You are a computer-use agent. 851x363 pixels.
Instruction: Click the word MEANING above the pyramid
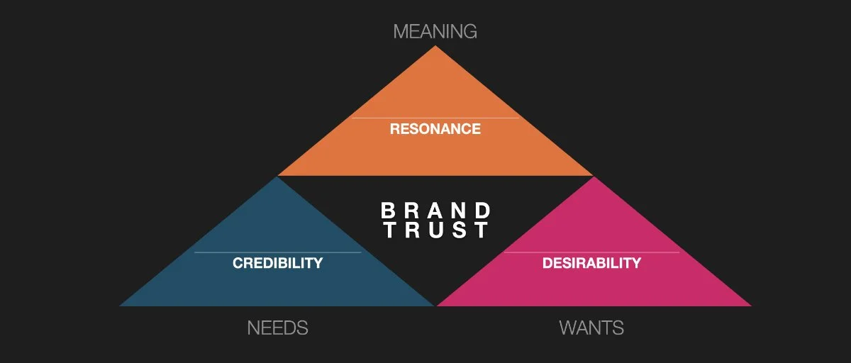[435, 31]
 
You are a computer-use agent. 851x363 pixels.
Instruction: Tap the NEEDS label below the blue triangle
[277, 328]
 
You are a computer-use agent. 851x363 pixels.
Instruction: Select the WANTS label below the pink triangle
[591, 328]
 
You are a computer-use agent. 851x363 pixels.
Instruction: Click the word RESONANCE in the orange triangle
[435, 129]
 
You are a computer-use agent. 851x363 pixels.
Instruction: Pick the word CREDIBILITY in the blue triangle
[277, 263]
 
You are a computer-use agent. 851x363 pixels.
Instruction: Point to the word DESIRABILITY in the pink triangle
[591, 263]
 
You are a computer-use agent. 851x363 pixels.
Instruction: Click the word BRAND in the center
[435, 211]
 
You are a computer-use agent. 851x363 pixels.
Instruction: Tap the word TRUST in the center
[435, 230]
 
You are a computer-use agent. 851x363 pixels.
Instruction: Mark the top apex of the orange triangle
[435, 48]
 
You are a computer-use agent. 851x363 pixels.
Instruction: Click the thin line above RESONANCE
[435, 118]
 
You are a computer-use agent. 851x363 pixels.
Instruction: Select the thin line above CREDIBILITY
[277, 252]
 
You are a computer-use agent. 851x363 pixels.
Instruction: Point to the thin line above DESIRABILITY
[591, 252]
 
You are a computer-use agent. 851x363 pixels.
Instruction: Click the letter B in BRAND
[388, 211]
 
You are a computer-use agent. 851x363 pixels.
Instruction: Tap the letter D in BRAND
[482, 211]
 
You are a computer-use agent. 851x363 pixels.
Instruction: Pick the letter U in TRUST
[435, 230]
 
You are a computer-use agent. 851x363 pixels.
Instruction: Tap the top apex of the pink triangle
[593, 178]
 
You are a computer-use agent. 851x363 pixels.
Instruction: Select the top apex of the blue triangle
[277, 178]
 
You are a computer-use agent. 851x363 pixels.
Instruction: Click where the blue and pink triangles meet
[435, 305]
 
